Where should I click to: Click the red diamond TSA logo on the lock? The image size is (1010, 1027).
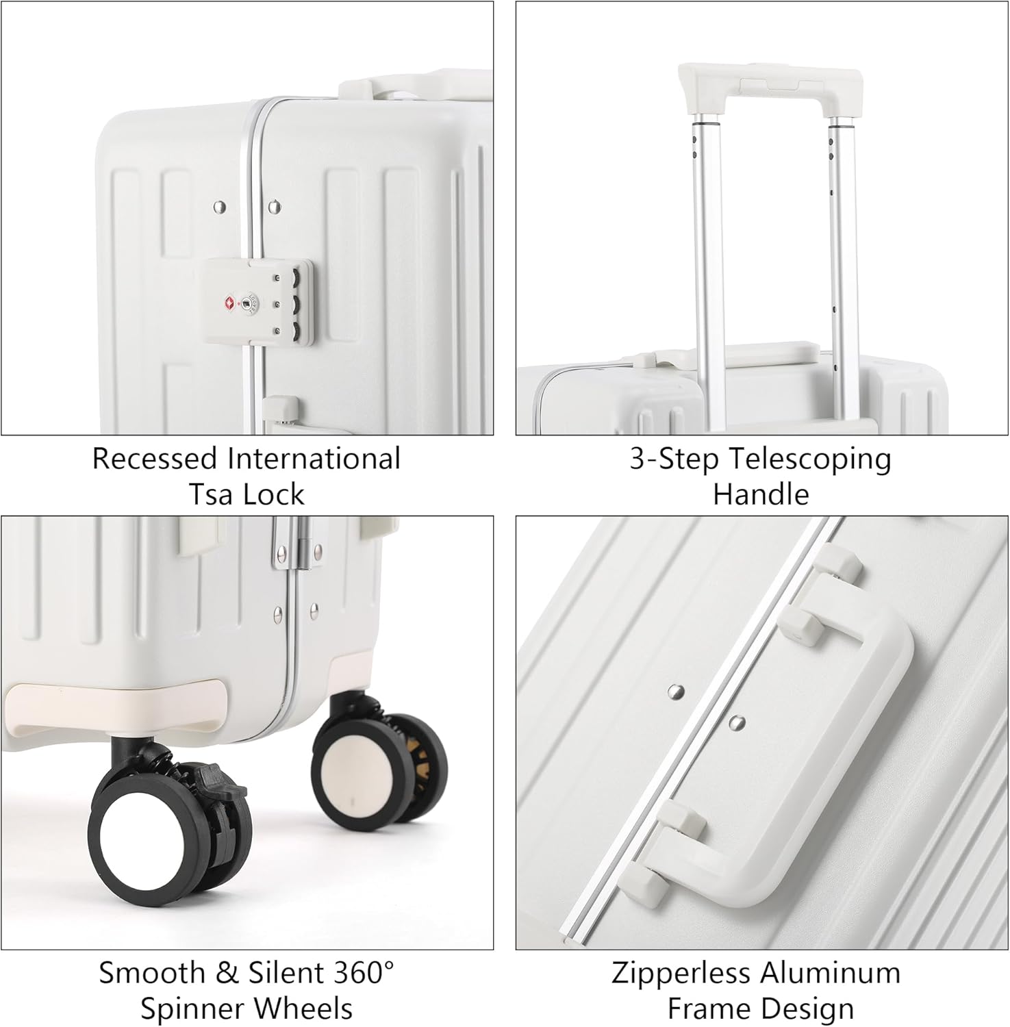click(x=228, y=303)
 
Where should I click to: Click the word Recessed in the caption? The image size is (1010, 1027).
click(x=155, y=459)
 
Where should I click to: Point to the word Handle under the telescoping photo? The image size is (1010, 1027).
click(x=761, y=494)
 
